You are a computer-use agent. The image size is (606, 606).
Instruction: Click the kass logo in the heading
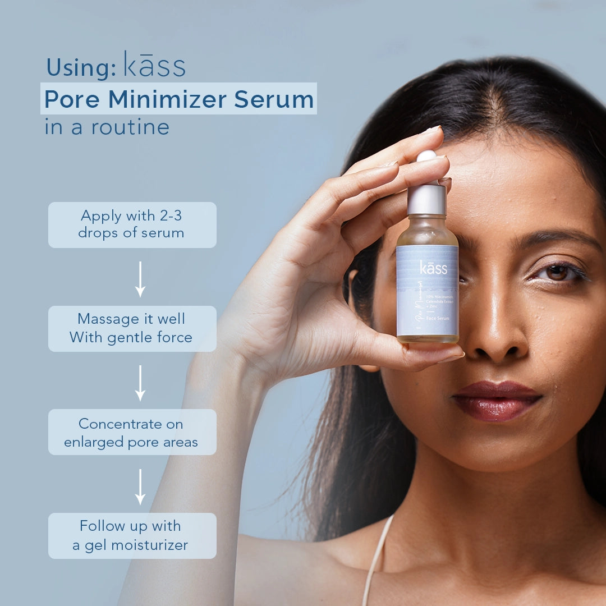(x=154, y=65)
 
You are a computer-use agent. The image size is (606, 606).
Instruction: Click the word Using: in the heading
(x=81, y=67)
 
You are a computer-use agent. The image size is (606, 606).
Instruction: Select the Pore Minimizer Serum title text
(x=178, y=99)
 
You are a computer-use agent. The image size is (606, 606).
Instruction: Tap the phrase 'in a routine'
(x=107, y=127)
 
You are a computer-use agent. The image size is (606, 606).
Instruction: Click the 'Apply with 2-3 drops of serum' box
(x=132, y=224)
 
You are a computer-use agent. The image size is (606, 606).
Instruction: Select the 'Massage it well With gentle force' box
(x=132, y=328)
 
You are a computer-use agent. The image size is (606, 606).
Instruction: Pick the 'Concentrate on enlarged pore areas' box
(x=132, y=432)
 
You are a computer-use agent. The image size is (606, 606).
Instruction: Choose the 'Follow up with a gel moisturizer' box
(x=132, y=535)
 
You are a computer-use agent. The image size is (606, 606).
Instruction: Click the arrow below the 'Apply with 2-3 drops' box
(x=140, y=279)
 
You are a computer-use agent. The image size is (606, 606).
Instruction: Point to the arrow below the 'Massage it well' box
(x=140, y=383)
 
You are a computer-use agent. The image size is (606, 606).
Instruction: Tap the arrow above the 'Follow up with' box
(x=140, y=486)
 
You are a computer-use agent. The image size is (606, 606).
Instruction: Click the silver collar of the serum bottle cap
(x=426, y=200)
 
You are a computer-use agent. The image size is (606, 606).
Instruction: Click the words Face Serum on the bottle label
(x=436, y=317)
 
